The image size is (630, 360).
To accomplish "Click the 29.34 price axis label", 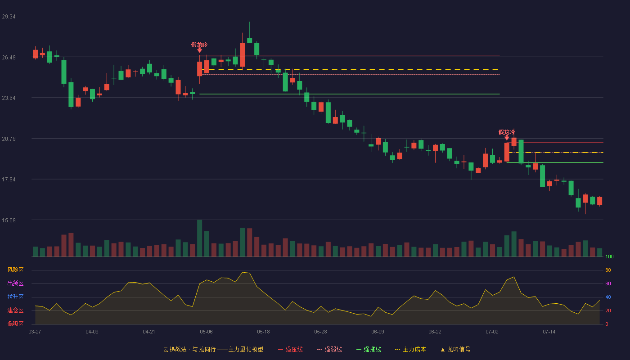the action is pos(9,17).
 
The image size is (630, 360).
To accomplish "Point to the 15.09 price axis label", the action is pos(9,220).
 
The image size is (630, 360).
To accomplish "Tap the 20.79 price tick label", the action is pos(9,139).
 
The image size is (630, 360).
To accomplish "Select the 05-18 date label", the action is pos(263,332).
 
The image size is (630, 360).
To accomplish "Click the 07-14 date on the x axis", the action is pos(549,332).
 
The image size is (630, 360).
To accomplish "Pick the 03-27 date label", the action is pos(35,332).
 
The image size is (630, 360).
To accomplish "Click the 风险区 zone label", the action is pos(15,270).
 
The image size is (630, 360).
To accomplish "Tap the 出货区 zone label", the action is pos(15,283).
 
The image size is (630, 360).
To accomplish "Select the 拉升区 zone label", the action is pos(15,297).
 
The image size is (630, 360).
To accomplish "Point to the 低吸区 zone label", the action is pos(15,324).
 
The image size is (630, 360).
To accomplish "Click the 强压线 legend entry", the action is pos(290,349).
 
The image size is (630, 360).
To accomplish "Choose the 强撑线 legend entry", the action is pos(369,349).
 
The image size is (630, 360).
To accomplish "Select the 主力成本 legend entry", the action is pos(410,349).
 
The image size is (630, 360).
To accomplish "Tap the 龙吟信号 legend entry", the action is pos(455,349).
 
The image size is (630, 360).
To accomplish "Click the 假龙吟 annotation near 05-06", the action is pos(199,45).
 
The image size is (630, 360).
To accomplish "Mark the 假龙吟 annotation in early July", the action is pos(507,132).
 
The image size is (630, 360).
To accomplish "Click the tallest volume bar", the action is pos(199,238).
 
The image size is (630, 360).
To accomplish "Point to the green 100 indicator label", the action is pos(609,256).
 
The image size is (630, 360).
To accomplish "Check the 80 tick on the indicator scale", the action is pos(608,270).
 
